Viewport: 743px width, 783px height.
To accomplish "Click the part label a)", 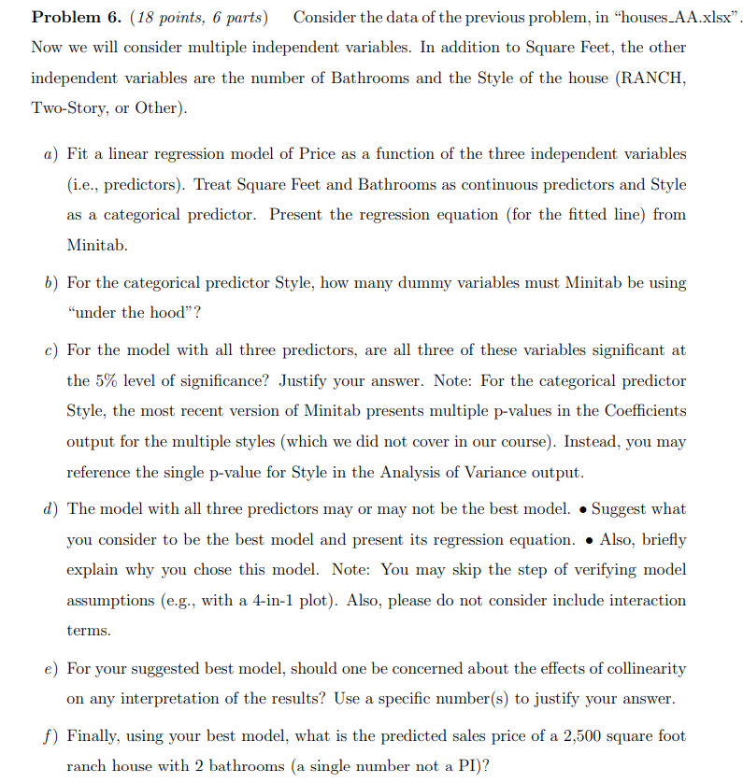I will coord(50,153).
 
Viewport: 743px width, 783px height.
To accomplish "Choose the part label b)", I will coord(50,282).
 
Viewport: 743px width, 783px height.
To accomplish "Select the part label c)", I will coord(50,350).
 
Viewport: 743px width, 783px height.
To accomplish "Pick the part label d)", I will coord(50,509).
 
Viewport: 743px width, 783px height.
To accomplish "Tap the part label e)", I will coord(50,669).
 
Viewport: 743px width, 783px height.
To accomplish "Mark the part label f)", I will coord(50,736).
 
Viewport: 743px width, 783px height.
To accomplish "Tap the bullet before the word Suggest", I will coord(581,509).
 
